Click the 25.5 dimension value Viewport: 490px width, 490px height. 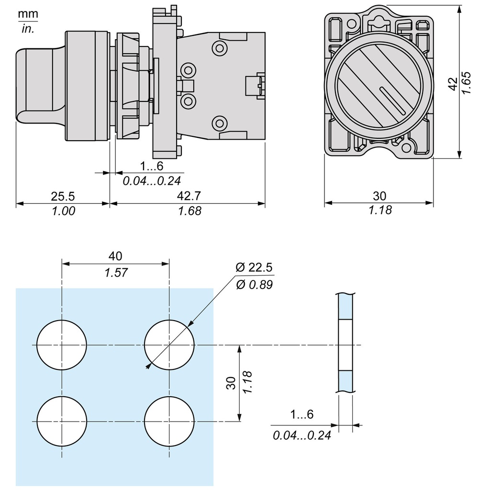pos(63,196)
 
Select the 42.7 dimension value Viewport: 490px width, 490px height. pos(188,196)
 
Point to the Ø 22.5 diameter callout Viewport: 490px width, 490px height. pos(254,267)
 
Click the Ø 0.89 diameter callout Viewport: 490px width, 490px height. pos(254,285)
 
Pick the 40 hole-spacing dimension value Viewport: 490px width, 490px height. pos(115,256)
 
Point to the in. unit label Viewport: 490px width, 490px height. pos(28,29)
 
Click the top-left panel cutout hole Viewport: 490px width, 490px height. pos(62,345)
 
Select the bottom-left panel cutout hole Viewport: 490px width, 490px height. pos(62,421)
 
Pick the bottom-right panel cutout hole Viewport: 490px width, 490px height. pos(169,421)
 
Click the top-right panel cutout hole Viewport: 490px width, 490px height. pos(169,345)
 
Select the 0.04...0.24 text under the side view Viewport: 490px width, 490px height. pos(152,181)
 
